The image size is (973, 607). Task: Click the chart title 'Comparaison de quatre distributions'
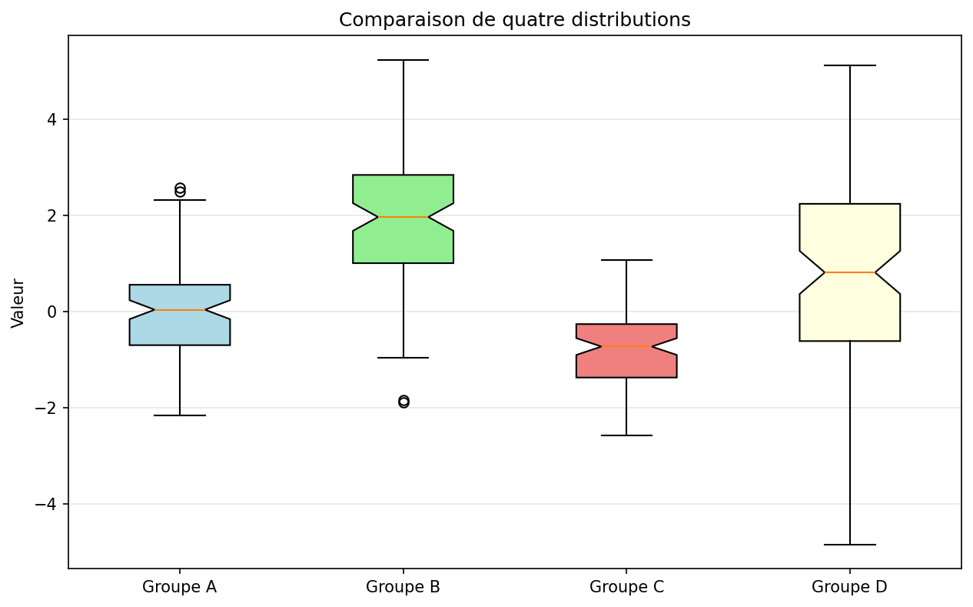tap(515, 20)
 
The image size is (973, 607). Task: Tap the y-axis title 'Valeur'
tap(18, 303)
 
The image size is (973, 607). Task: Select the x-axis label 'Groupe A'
tap(179, 587)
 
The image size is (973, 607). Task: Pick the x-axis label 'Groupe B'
tap(403, 587)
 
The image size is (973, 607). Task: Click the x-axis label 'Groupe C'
tap(626, 587)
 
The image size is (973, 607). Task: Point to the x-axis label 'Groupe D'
tap(849, 587)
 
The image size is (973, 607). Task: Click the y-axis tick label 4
tap(52, 119)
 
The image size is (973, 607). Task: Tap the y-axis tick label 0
tap(52, 312)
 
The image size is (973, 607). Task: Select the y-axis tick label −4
tap(46, 505)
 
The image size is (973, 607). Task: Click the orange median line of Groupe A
tap(180, 310)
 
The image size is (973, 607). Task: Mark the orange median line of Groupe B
tap(403, 216)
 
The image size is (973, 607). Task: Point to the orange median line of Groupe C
tap(626, 346)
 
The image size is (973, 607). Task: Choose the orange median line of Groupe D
tap(849, 272)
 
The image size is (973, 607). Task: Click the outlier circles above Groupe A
tap(180, 190)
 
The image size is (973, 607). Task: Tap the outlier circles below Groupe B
tap(403, 402)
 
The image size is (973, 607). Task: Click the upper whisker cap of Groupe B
tap(403, 60)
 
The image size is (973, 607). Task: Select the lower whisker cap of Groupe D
tap(849, 545)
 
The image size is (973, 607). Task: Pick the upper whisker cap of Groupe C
tap(626, 260)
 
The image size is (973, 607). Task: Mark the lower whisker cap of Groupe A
tap(180, 415)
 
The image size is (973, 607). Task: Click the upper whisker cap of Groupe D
tap(849, 65)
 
